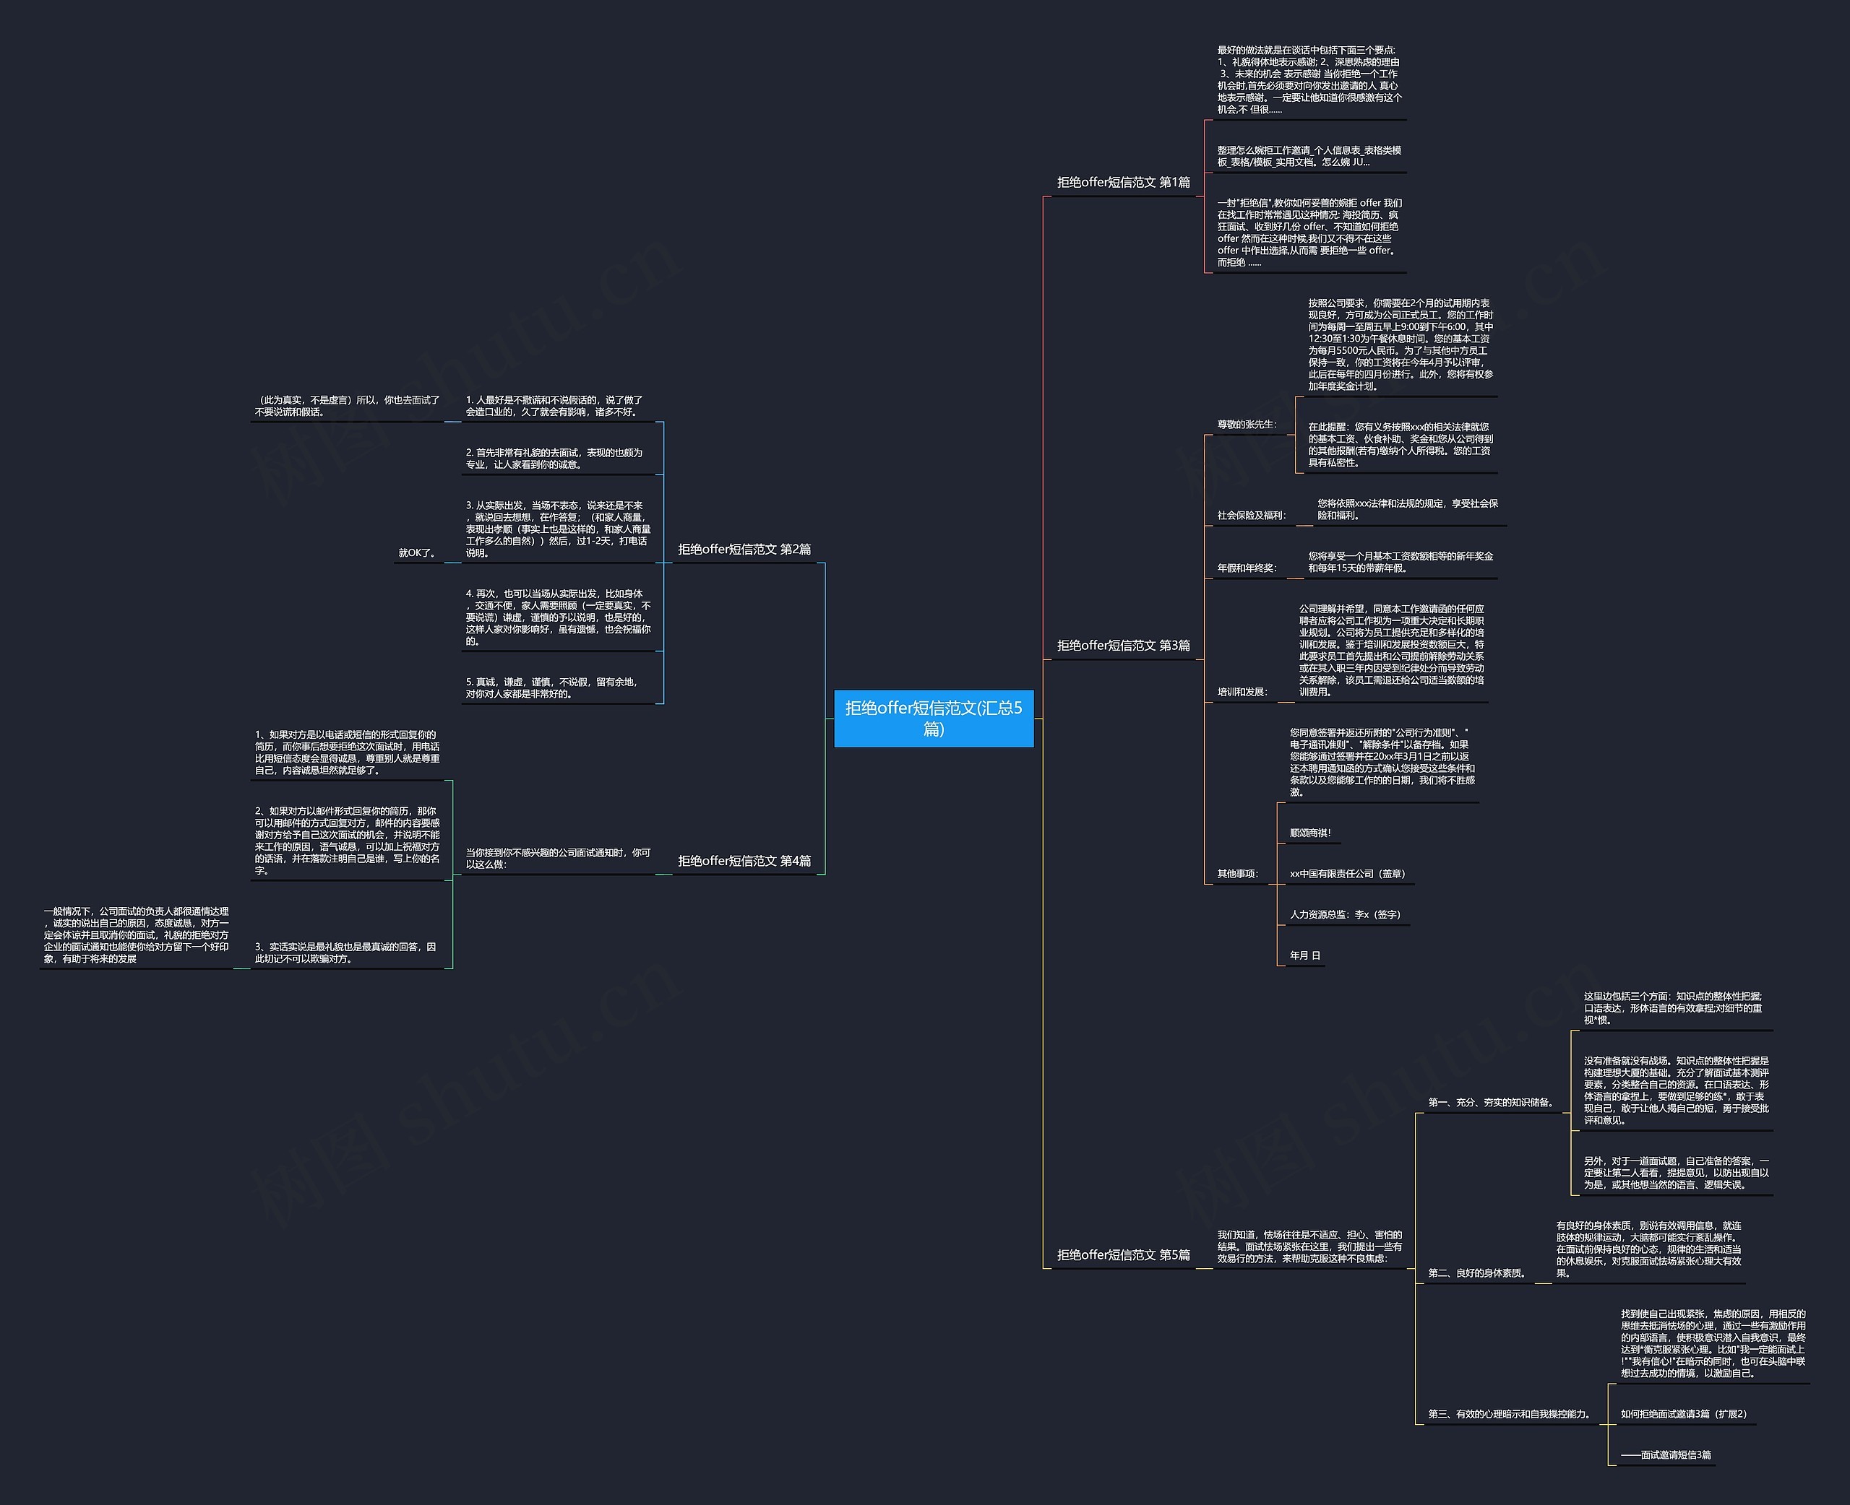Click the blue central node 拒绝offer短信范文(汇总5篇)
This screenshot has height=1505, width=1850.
click(933, 718)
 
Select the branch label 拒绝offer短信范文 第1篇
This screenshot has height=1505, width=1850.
click(1123, 182)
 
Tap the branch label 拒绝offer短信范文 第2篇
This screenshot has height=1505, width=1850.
click(744, 549)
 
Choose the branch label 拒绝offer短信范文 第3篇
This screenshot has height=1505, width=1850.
click(1123, 645)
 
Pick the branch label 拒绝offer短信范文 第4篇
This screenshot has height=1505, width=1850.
click(744, 860)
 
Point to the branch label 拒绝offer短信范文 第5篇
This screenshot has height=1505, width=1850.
click(1123, 1254)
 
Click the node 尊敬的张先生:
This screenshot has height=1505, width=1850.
click(1247, 424)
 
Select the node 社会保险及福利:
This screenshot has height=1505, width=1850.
click(1251, 515)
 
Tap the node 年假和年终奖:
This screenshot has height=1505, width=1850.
click(1247, 568)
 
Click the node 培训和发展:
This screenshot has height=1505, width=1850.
click(1242, 692)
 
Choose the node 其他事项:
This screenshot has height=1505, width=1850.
click(1236, 873)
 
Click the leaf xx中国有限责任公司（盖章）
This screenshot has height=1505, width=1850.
click(1347, 873)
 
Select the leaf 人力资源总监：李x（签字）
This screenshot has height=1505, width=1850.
click(1344, 914)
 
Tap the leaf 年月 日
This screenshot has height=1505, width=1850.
click(1304, 955)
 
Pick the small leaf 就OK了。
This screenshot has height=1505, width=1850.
click(417, 552)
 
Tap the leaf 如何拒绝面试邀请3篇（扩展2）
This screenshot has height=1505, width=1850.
click(1682, 1414)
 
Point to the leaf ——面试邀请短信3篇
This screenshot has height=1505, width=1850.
click(1665, 1454)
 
